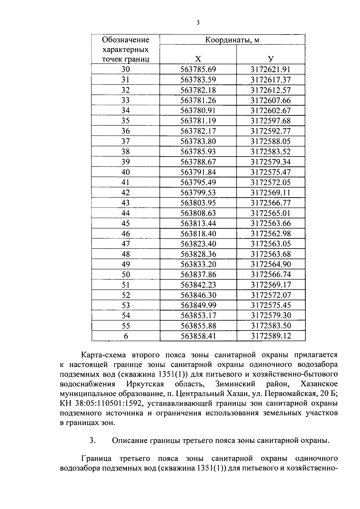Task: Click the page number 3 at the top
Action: [x=198, y=22]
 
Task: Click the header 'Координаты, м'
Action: [x=232, y=40]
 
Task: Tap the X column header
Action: [x=198, y=59]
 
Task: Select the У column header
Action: [x=271, y=59]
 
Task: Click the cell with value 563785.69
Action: [x=198, y=70]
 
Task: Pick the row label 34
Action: [x=126, y=110]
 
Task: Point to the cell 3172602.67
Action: [x=271, y=110]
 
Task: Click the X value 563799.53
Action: [x=198, y=193]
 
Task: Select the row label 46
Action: [x=126, y=234]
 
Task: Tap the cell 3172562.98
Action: [x=271, y=234]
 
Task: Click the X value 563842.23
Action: [x=198, y=285]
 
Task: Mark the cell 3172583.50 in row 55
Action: [x=271, y=326]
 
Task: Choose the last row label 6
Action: [x=126, y=336]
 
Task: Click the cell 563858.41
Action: [x=198, y=336]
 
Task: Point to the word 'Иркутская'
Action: [x=145, y=384]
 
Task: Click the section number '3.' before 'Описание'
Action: [x=93, y=441]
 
